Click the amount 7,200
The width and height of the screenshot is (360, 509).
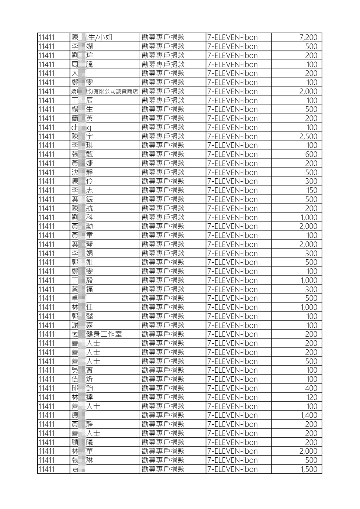[308, 37]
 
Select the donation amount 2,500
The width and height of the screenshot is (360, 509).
[308, 136]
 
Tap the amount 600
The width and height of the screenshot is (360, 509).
[311, 154]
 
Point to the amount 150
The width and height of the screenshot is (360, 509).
[311, 190]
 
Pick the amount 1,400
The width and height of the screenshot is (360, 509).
[309, 415]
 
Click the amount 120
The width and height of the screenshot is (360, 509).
[311, 397]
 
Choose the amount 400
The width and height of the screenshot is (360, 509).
[311, 388]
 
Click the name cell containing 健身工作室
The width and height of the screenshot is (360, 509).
[96, 334]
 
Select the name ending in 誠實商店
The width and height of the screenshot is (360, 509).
[104, 92]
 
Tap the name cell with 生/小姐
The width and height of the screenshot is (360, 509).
[92, 37]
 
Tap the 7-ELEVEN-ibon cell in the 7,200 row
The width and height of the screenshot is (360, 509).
[232, 37]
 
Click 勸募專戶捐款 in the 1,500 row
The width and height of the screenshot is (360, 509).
[163, 469]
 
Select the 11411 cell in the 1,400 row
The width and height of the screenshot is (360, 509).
[47, 415]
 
